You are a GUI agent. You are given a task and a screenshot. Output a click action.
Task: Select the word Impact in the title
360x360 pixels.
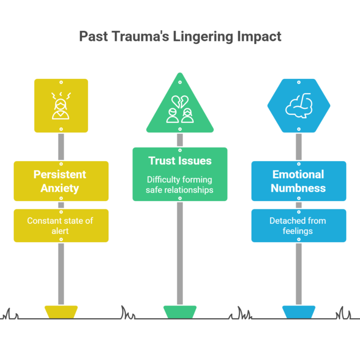(260, 37)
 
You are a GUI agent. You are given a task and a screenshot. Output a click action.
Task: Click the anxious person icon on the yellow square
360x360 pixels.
(61, 106)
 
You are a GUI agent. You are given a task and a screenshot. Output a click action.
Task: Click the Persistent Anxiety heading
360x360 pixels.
(61, 181)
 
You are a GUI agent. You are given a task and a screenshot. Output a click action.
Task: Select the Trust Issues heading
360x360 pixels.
(180, 161)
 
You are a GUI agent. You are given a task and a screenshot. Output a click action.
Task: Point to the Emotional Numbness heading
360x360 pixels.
(298, 181)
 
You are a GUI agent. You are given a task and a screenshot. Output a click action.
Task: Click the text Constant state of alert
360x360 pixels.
(61, 225)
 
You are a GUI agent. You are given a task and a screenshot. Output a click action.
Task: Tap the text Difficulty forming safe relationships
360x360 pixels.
(180, 184)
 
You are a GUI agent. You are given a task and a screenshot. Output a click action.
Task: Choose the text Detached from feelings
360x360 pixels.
(298, 225)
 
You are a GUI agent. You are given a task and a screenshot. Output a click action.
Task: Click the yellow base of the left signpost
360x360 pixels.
(61, 312)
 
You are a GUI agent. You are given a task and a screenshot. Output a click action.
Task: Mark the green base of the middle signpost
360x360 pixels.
(180, 312)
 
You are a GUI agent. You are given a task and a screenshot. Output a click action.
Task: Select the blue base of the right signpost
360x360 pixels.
(298, 312)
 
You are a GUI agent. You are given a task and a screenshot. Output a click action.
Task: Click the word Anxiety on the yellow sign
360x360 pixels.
(61, 188)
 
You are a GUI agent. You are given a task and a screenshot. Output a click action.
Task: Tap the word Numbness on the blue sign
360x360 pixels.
(298, 188)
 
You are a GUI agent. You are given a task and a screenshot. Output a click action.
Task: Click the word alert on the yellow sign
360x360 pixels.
(61, 231)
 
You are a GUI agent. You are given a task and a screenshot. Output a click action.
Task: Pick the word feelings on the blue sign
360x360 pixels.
(298, 231)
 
